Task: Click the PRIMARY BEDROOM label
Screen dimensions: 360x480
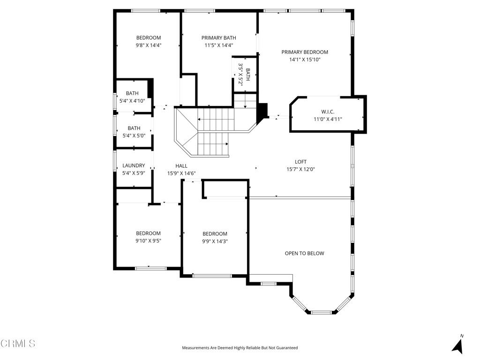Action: [305, 52]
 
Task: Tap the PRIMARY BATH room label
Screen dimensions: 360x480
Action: [219, 38]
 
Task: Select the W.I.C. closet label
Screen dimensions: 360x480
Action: [328, 112]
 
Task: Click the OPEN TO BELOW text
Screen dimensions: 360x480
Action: [304, 254]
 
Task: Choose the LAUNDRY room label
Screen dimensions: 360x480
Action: [134, 165]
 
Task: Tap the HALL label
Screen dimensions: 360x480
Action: [181, 166]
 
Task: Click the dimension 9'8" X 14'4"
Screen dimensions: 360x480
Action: [149, 45]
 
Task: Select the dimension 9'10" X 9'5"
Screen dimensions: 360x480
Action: [149, 241]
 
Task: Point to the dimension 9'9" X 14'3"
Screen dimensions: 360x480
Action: [215, 241]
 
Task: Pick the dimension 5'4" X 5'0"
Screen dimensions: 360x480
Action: [134, 135]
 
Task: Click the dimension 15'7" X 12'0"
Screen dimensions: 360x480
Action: [300, 170]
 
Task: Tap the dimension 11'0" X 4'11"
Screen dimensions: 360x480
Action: [328, 119]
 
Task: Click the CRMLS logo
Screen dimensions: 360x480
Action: [18, 344]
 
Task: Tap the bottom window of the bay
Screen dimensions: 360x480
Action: [321, 312]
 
